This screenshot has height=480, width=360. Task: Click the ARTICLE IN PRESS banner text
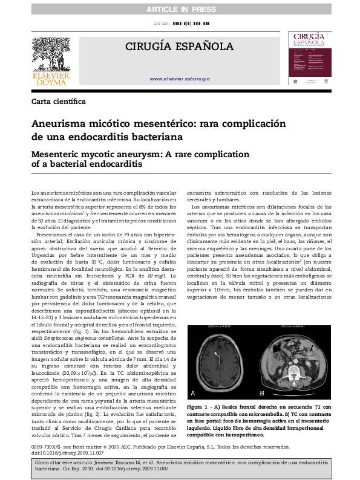coord(180,7)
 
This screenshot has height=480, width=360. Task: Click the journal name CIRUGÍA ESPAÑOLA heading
coord(179,47)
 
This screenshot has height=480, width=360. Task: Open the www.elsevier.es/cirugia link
coord(180,79)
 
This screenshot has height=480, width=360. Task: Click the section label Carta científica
coord(59,101)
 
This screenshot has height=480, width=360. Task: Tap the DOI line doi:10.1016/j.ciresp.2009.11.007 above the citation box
coord(67,452)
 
